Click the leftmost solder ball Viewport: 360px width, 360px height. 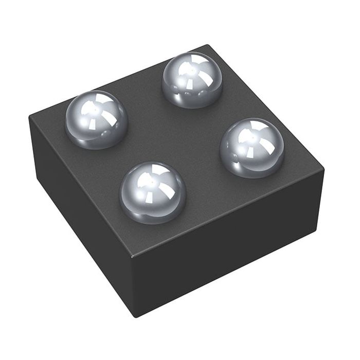[96, 119]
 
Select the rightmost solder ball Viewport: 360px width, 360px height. [252, 147]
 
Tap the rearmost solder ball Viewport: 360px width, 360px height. [192, 80]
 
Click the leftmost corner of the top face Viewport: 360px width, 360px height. [30, 117]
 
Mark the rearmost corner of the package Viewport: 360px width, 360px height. [208, 45]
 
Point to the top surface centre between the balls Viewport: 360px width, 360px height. [175, 136]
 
